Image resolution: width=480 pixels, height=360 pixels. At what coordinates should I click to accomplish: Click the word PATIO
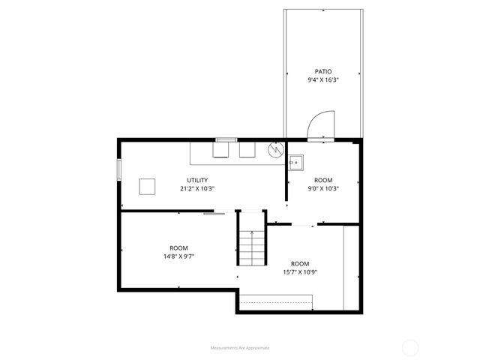pos(322,72)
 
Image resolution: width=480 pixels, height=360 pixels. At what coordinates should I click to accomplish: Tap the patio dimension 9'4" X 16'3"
pos(322,80)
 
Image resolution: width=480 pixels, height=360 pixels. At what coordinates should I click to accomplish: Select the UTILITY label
pos(197,180)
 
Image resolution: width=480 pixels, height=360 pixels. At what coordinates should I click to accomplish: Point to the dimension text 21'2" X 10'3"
pos(197,188)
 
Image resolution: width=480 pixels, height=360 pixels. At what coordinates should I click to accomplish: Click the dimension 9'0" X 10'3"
pos(322,188)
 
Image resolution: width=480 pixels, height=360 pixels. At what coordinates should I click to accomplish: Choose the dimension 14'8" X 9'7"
pos(178,256)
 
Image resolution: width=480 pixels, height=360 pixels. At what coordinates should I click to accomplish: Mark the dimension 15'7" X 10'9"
pos(300,271)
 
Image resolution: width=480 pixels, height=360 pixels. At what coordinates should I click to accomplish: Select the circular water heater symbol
pos(275,148)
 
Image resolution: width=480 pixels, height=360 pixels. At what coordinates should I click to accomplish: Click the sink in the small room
pos(294,162)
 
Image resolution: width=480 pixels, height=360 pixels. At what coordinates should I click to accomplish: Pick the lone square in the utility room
pos(148,185)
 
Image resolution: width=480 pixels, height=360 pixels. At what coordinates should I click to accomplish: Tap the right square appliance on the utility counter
pos(247,150)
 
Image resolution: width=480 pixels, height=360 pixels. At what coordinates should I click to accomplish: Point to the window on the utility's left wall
pos(118,169)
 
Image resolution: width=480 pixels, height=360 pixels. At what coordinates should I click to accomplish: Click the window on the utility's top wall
pos(226,139)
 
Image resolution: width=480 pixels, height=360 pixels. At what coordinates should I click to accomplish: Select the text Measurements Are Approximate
pos(240,347)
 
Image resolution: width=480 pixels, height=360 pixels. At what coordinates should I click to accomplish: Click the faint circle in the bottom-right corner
pos(410,347)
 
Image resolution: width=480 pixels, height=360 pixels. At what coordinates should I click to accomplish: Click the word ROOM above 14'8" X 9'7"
pos(178,247)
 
